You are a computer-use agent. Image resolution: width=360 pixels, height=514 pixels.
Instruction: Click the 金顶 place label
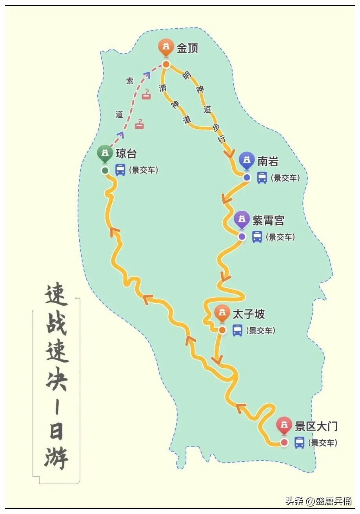point(187,48)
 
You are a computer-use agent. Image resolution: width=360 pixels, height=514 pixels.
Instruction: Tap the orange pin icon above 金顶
point(166,47)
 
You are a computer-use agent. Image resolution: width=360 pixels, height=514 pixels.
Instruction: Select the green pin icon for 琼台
point(105,153)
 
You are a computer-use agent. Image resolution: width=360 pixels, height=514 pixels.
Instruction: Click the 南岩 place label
point(268,161)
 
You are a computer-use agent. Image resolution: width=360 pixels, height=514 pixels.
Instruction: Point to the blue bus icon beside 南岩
point(262,178)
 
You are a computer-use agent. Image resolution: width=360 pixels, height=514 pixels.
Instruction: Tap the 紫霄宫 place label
point(268,221)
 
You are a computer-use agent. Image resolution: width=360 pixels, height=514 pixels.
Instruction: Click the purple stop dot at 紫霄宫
point(242,237)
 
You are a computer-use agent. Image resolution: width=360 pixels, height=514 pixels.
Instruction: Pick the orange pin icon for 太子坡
point(222,313)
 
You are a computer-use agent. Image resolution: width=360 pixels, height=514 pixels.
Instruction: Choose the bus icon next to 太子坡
point(237,330)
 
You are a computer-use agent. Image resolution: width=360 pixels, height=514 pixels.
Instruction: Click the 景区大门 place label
point(316,426)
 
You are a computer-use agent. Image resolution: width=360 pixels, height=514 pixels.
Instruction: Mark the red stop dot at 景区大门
point(284,443)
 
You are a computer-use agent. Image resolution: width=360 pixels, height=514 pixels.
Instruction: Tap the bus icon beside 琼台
point(120,170)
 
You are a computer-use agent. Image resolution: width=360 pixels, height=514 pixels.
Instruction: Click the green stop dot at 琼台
point(105,171)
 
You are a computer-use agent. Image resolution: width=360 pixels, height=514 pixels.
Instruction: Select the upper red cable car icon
point(146,94)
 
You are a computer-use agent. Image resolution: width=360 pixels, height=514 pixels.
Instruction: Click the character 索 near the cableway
point(129,81)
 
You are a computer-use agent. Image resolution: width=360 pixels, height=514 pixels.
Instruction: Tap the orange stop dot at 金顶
point(166,64)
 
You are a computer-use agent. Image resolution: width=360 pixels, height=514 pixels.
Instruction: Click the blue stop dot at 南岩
point(247,178)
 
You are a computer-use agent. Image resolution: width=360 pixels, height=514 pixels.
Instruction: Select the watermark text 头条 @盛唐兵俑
point(318,501)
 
